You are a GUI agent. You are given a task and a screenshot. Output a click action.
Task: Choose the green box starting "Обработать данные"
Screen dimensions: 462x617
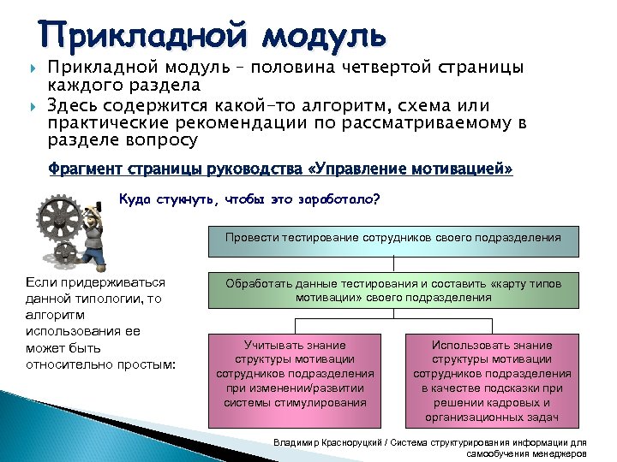[393, 290]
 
